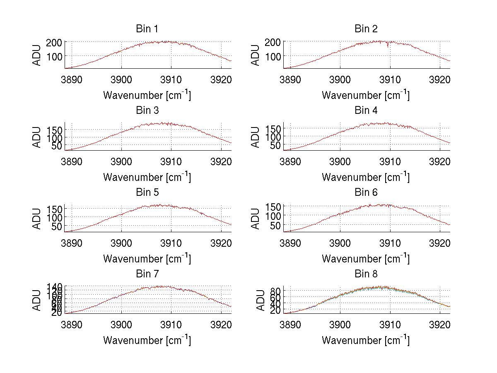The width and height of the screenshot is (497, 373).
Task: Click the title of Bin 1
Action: [147, 29]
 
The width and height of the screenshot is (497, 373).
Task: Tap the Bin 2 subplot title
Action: [366, 29]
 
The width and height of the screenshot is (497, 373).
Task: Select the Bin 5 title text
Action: [147, 193]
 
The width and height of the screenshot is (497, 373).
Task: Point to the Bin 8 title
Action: [366, 274]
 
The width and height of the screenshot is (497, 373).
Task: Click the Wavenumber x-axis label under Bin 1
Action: [147, 95]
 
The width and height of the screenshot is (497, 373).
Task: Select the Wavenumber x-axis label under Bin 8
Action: [366, 340]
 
